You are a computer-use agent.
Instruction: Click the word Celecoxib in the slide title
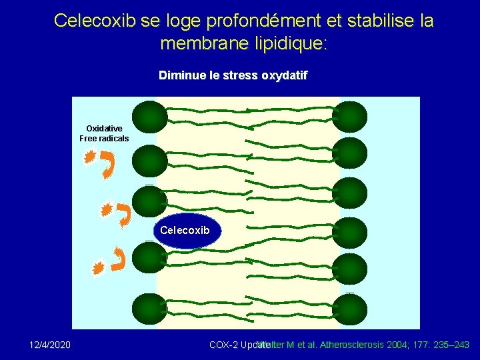click(95, 21)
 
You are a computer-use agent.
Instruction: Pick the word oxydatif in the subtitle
click(284, 75)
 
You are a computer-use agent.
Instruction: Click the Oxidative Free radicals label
click(104, 133)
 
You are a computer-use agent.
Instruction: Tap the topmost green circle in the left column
click(149, 116)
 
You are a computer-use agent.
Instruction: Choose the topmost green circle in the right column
click(351, 116)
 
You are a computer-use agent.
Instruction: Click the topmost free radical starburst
click(89, 158)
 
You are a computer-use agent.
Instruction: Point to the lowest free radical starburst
click(99, 268)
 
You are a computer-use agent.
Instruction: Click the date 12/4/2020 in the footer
click(51, 345)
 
